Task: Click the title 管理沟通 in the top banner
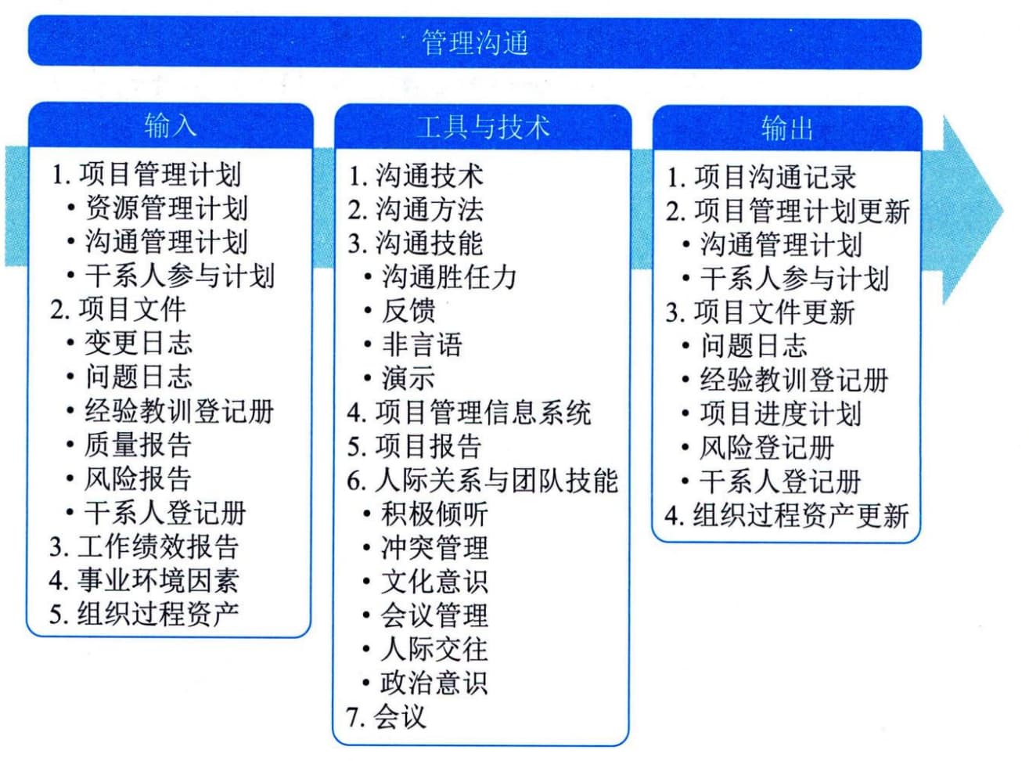(x=475, y=42)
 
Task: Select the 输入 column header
(x=171, y=125)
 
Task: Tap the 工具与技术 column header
(x=483, y=127)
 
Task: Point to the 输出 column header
(x=787, y=128)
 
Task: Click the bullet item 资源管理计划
(x=166, y=207)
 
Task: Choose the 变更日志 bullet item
(x=139, y=343)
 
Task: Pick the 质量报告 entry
(x=137, y=445)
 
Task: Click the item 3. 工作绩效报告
(x=144, y=546)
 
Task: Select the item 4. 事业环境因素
(x=144, y=580)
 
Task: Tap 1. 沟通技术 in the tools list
(x=416, y=176)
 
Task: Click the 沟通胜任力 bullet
(x=448, y=277)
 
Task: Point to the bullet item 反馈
(x=408, y=311)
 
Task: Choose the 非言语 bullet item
(x=422, y=344)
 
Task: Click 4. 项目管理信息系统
(x=469, y=413)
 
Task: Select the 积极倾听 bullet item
(x=434, y=514)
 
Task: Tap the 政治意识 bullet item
(x=434, y=683)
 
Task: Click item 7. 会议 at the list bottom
(x=386, y=717)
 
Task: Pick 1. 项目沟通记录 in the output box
(x=761, y=178)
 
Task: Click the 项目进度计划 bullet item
(x=781, y=413)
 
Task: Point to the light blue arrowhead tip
(x=1003, y=211)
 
